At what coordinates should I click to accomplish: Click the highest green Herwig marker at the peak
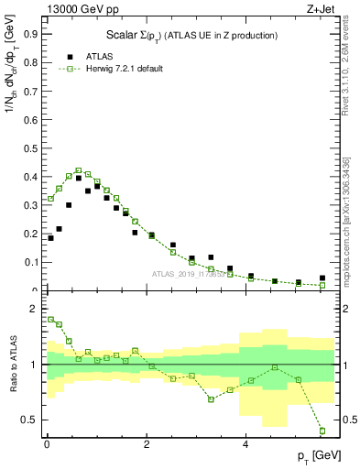(x=79, y=170)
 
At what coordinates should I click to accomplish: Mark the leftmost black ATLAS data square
(x=50, y=238)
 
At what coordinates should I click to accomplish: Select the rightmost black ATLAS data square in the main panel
(x=322, y=278)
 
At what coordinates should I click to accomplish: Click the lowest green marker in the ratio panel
(x=322, y=431)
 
